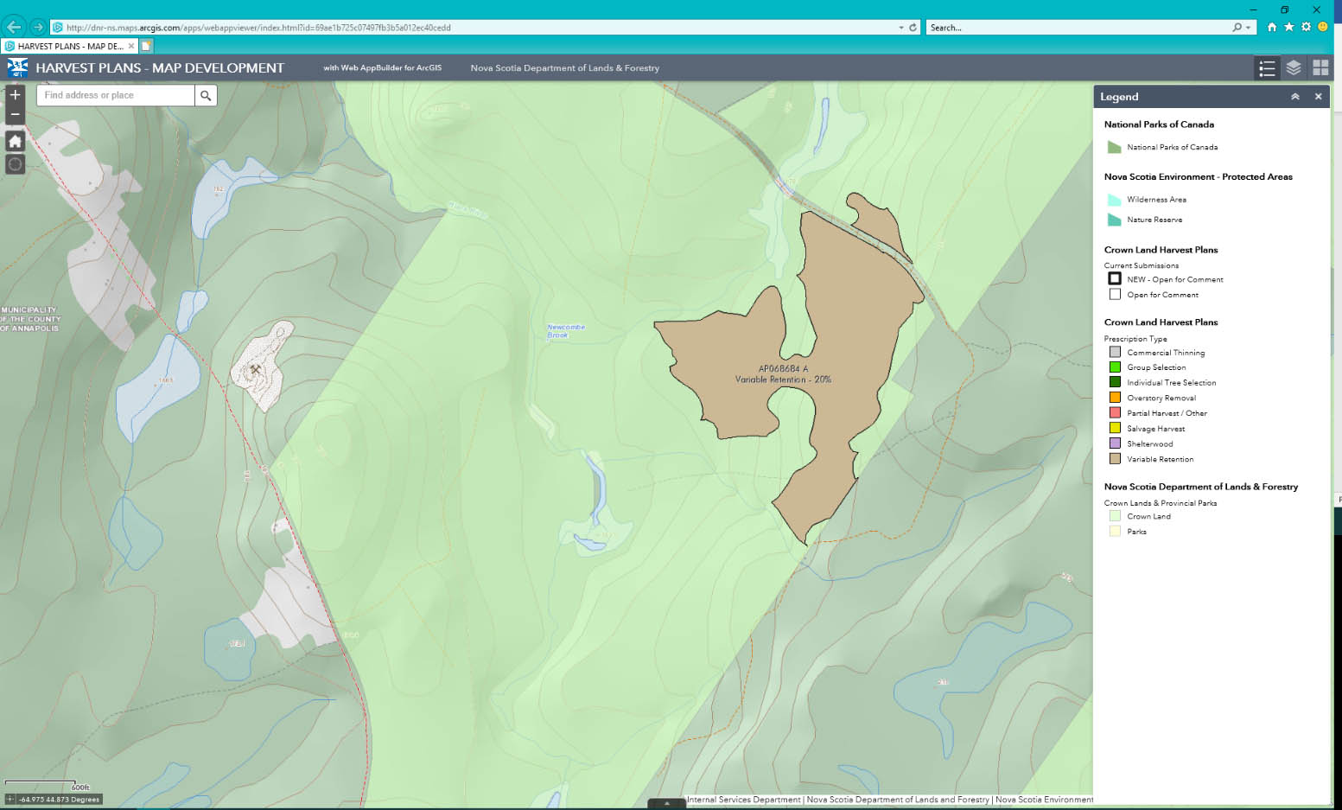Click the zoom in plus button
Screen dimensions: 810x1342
point(15,95)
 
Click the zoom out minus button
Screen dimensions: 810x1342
point(15,114)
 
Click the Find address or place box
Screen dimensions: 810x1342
point(116,95)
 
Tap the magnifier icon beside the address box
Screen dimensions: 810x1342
point(206,95)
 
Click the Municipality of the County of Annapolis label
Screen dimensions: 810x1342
point(30,319)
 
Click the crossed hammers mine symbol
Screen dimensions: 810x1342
point(256,370)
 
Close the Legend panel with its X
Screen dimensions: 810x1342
point(1318,97)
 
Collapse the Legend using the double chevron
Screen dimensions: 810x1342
point(1295,97)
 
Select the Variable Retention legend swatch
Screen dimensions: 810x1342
point(1115,459)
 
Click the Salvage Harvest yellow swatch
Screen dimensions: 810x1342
point(1115,428)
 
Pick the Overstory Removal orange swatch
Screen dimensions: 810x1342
point(1115,398)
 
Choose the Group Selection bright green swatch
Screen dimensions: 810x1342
point(1115,367)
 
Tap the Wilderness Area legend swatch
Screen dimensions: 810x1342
point(1115,200)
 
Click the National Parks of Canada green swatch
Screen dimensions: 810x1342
point(1115,147)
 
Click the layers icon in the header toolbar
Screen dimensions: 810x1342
point(1294,67)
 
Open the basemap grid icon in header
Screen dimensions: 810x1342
point(1320,67)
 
